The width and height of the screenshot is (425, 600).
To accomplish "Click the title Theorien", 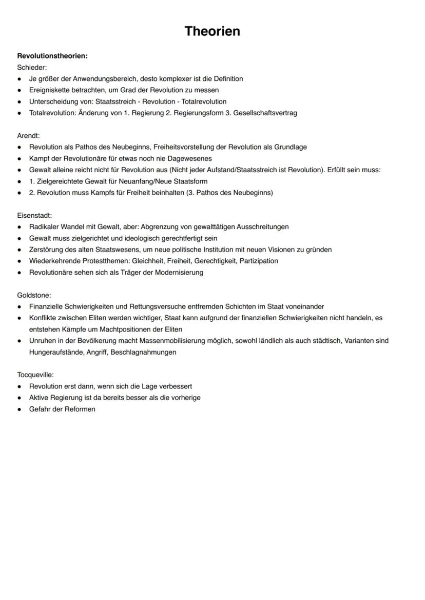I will (212, 31).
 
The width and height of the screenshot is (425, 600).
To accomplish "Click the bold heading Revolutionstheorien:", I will (52, 56).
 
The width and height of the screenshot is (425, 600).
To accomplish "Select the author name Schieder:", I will (32, 67).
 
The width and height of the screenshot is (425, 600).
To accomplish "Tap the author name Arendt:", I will (28, 136).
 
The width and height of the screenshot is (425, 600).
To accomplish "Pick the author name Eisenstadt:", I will (34, 215).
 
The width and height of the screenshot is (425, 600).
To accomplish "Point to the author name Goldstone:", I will (34, 295).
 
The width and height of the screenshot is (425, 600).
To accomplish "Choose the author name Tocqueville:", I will (35, 375).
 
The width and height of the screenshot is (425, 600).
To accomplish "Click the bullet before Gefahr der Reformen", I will (19, 409).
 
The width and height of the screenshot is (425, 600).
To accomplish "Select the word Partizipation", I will (259, 261).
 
